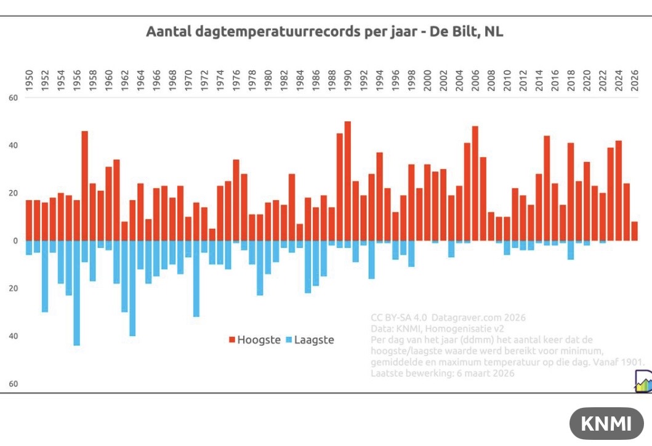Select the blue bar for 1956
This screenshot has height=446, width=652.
coord(76,293)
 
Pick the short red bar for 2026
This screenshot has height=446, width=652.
coord(635,231)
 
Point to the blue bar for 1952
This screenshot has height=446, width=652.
coord(45,276)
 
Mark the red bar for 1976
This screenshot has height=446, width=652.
coord(236,200)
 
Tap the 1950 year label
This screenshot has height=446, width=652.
coord(29,81)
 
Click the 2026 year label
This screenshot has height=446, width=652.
coord(635,81)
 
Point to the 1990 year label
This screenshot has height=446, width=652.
coord(348,81)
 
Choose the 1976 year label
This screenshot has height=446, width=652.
coord(236,81)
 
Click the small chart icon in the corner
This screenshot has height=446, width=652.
coord(643,384)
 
